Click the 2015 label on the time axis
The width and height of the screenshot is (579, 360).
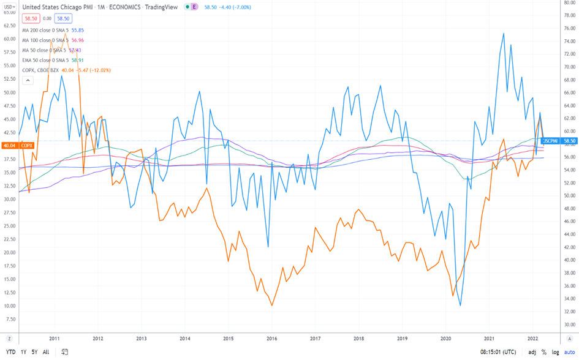[228, 338]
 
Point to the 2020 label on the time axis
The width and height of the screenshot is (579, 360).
[445, 338]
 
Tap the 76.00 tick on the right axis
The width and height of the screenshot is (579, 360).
[569, 28]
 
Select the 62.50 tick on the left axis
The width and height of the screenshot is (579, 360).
[10, 25]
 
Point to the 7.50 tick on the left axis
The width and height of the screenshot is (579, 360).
[11, 320]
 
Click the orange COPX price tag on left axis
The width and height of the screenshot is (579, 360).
[18, 146]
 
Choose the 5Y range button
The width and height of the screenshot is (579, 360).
[35, 352]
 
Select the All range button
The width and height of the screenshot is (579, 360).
[46, 352]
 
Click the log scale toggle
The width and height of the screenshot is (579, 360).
[554, 352]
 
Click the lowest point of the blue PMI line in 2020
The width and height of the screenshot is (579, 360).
[460, 306]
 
